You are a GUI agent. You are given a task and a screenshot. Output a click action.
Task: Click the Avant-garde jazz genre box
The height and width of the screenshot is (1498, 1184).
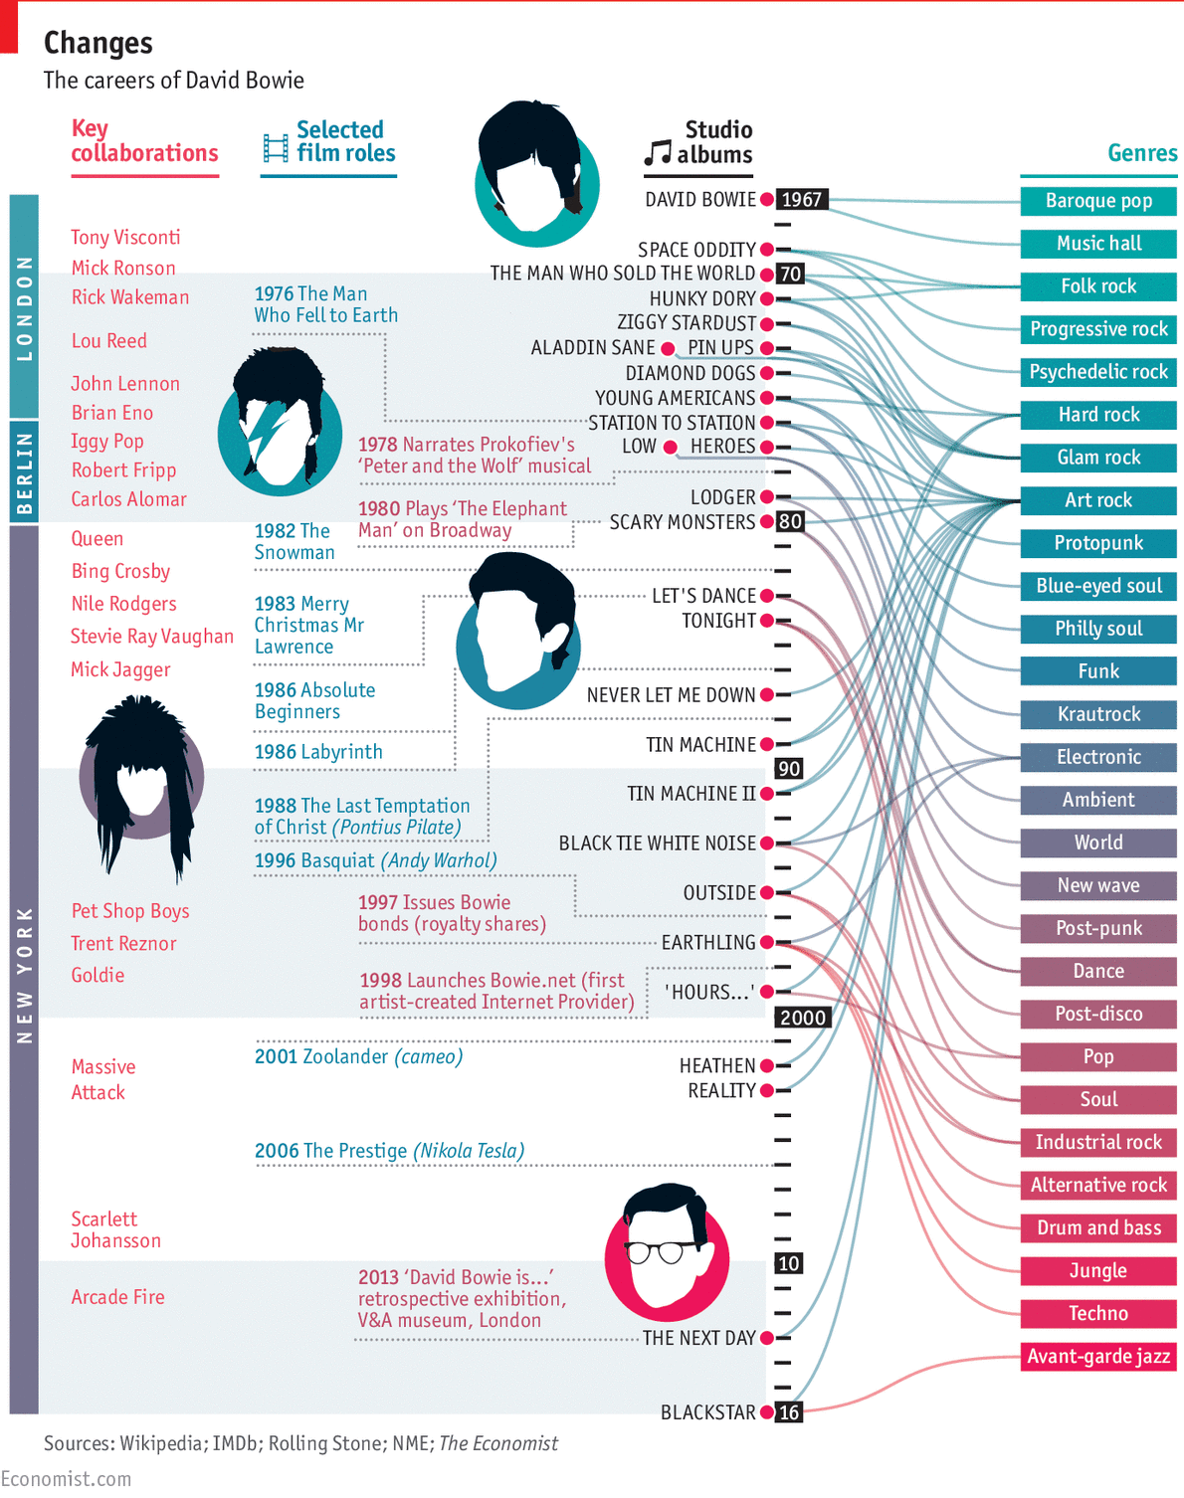pos(1098,1356)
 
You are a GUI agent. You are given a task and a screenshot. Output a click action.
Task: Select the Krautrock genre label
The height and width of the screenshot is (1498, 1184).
pos(1098,714)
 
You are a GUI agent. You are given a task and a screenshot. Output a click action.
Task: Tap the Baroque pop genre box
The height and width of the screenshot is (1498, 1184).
pos(1098,201)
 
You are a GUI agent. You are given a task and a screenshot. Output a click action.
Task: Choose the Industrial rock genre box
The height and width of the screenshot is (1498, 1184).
pos(1098,1142)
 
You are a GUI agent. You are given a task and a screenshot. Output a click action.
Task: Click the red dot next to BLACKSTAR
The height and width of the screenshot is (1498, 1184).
pos(767,1412)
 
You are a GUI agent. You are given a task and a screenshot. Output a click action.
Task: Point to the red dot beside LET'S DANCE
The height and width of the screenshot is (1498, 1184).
pos(767,596)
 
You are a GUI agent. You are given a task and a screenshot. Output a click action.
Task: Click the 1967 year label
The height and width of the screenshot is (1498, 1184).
pos(801,200)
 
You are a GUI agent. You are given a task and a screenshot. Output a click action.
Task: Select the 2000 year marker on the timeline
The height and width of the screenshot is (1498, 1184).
pos(803,1018)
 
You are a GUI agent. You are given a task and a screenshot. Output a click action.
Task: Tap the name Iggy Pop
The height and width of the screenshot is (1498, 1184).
pos(107,442)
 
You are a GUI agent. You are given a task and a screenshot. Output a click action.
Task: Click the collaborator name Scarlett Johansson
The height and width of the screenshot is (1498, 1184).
pos(115,1229)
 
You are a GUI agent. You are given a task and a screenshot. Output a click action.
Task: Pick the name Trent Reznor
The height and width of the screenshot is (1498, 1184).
pos(123,944)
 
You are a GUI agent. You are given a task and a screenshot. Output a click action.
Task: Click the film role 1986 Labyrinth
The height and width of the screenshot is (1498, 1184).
pos(318,752)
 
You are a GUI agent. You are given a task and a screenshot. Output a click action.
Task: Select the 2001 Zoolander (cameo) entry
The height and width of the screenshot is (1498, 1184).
pos(358,1056)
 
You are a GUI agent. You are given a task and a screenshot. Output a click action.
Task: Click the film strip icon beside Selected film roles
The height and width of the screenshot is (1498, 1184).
pos(276,147)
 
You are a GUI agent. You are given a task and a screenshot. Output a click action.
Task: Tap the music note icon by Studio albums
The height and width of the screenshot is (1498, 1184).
pos(658,152)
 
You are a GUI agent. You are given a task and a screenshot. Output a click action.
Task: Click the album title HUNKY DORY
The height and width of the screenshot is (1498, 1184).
pos(702,299)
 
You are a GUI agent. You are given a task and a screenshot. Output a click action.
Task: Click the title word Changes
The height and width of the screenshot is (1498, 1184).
pos(99,43)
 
